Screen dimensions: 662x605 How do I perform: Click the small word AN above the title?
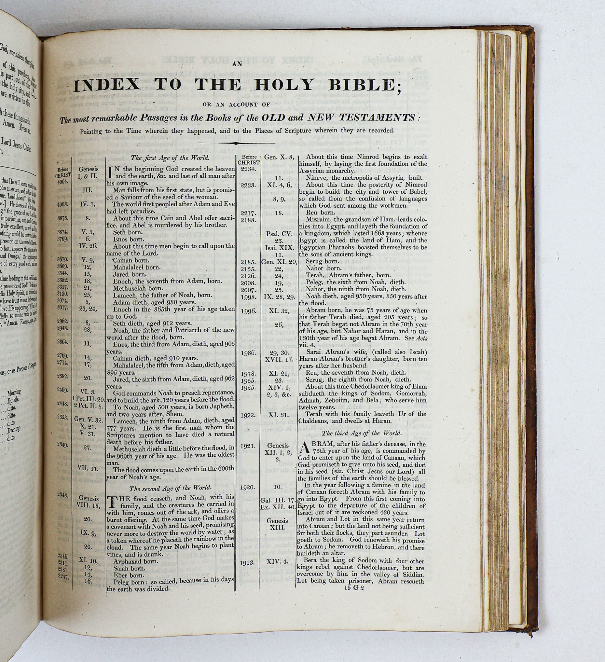tap(237, 65)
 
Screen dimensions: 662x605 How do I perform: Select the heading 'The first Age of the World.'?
tap(170, 158)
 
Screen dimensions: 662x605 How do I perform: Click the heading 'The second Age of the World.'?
tap(170, 488)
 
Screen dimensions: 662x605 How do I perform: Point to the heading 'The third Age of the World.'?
tap(362, 433)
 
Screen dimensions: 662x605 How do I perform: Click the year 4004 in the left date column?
tap(63, 182)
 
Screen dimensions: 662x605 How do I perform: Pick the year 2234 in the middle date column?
tap(248, 169)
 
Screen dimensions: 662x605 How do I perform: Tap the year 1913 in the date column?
tap(247, 562)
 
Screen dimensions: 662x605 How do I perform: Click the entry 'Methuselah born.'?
tap(137, 288)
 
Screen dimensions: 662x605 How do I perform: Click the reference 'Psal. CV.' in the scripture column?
tap(279, 234)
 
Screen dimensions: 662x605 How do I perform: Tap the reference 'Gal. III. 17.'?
tap(277, 500)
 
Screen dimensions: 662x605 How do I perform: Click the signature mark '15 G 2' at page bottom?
tap(354, 588)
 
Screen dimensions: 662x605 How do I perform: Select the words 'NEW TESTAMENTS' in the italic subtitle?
tap(362, 118)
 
